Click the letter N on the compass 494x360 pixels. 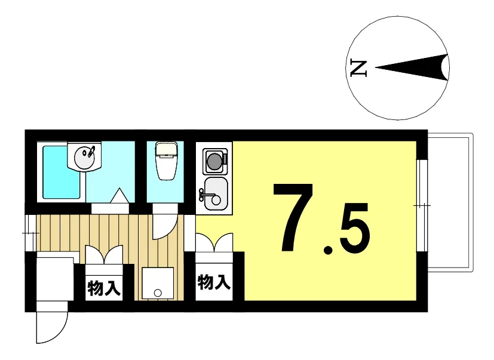[359, 68]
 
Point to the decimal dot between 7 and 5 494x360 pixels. [328, 250]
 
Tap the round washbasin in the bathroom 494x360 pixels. [84, 156]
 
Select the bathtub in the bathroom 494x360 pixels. [62, 172]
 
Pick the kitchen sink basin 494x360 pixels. [216, 193]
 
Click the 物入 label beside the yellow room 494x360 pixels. [214, 282]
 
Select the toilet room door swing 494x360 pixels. [165, 225]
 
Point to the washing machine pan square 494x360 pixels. [158, 283]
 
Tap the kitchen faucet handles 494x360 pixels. [201, 195]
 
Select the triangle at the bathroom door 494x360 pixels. [119, 195]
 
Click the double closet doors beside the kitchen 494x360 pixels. [214, 242]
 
